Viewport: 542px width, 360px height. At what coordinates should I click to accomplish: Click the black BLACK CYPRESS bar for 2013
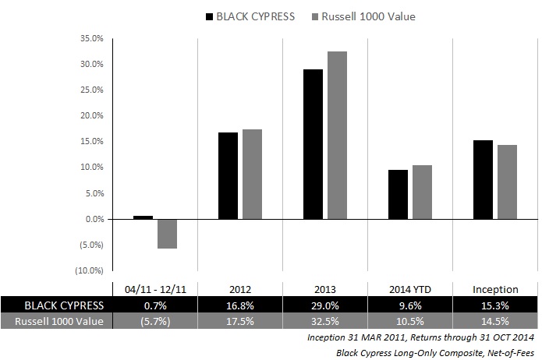pos(314,144)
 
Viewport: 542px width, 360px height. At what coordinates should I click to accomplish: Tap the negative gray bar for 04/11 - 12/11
pos(167,234)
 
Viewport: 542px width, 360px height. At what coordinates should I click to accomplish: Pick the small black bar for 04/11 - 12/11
pos(143,217)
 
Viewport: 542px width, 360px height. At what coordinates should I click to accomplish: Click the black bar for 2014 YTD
pos(398,194)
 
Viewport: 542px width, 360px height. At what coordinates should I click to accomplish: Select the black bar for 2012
pos(228,175)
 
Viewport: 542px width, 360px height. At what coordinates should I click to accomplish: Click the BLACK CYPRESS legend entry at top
pos(249,16)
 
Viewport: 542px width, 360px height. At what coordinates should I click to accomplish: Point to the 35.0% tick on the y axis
pos(93,38)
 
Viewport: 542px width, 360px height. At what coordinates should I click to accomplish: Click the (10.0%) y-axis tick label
pos(91,270)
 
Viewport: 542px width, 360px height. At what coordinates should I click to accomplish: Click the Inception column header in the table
pos(495,289)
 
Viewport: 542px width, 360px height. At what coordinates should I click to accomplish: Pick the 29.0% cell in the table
pos(325,305)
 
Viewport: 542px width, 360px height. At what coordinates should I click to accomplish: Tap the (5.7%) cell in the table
pos(155,321)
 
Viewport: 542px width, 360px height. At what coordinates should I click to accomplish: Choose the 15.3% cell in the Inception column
pos(495,305)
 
